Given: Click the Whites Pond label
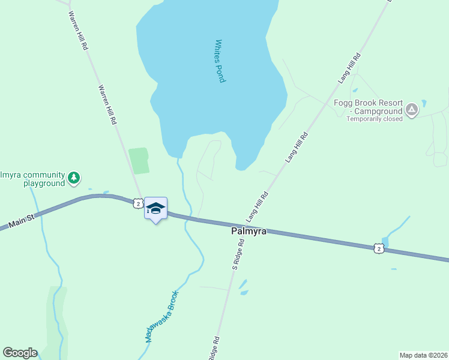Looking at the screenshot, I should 220,61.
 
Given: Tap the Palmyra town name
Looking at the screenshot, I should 249,231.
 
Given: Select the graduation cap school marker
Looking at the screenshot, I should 155,209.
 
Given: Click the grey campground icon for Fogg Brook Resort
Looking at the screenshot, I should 412,110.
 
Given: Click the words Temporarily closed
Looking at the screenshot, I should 374,119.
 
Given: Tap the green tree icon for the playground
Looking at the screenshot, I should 74,178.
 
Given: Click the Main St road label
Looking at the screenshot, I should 22,223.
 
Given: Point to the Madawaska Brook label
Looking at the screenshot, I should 162,317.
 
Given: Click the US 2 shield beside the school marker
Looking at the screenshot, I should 138,204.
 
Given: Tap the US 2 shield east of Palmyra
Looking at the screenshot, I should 377,248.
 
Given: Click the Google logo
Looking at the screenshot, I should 20,353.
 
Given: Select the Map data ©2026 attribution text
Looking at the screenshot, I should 423,355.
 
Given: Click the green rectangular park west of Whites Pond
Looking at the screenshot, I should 139,161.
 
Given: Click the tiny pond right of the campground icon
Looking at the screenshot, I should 424,103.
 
